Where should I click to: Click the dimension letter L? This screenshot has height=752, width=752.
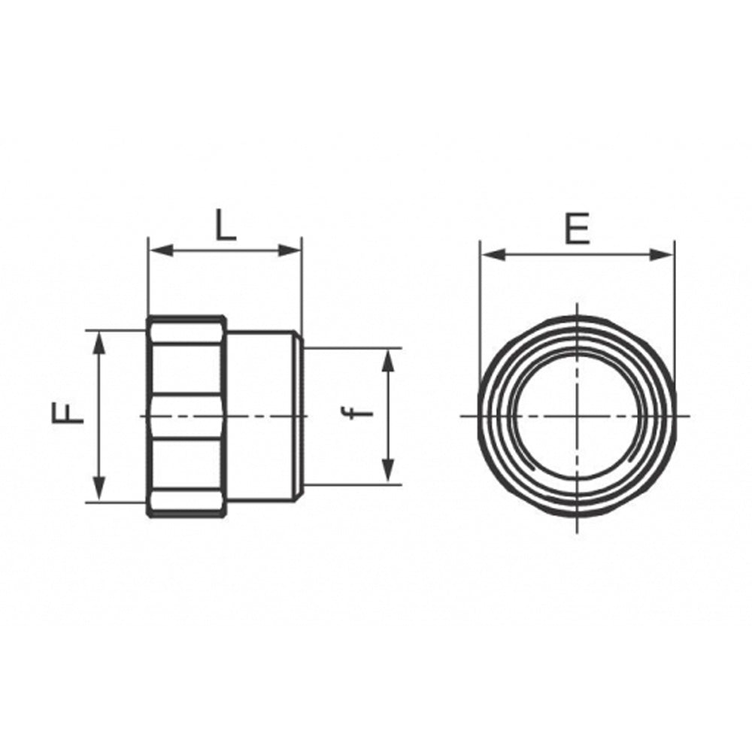(226, 225)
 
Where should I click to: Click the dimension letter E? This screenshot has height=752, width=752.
(577, 229)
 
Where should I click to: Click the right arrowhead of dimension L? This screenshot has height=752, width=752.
(290, 250)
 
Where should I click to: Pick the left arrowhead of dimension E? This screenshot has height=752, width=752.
(493, 255)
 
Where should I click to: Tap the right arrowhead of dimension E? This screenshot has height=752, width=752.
(661, 255)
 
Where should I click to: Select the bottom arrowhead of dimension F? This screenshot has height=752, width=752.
(99, 490)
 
